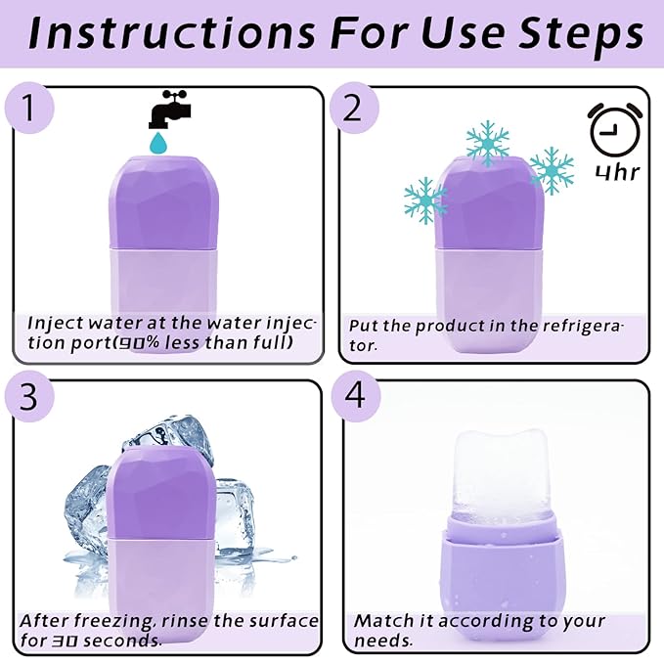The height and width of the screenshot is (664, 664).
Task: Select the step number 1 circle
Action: click(32, 109)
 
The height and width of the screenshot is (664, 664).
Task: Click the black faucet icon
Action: click(167, 110)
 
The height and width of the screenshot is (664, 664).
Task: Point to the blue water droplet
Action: click(156, 144)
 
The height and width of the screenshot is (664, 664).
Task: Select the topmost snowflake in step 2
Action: click(487, 143)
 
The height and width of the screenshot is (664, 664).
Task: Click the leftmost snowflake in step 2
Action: click(425, 200)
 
